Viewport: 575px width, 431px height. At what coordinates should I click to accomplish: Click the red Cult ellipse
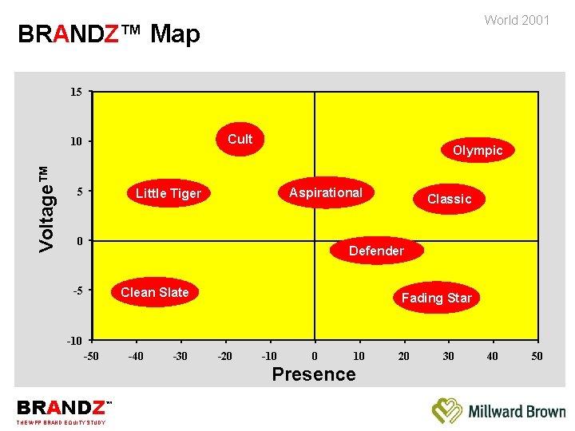click(x=240, y=140)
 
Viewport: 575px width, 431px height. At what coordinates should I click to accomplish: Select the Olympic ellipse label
click(x=478, y=150)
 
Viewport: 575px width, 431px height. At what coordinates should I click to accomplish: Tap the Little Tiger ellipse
click(x=169, y=193)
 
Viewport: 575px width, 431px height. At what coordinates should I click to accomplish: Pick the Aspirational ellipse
click(x=326, y=192)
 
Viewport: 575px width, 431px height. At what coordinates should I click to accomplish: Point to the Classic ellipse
click(x=450, y=199)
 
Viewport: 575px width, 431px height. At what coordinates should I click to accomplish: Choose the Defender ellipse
click(x=376, y=251)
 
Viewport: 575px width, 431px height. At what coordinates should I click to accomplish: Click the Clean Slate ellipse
click(x=155, y=292)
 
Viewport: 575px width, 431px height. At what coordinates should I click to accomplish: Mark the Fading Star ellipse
click(x=436, y=298)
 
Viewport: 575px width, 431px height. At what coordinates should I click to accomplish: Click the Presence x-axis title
click(x=314, y=374)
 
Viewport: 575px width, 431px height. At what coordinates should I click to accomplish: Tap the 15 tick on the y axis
click(x=75, y=93)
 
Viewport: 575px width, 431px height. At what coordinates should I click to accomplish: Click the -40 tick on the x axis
click(x=136, y=356)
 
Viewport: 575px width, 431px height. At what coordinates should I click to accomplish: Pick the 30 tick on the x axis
click(x=448, y=356)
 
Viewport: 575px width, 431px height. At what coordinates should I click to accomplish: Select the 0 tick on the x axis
click(x=315, y=356)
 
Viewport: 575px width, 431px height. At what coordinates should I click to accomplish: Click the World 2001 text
click(x=517, y=20)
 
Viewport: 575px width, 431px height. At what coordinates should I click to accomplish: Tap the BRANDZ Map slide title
click(x=109, y=34)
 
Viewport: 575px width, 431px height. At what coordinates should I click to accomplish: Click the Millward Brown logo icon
click(x=447, y=410)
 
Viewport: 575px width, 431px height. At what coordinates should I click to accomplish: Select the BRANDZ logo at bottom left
click(x=61, y=409)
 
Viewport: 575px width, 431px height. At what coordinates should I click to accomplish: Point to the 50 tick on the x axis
click(x=537, y=356)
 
